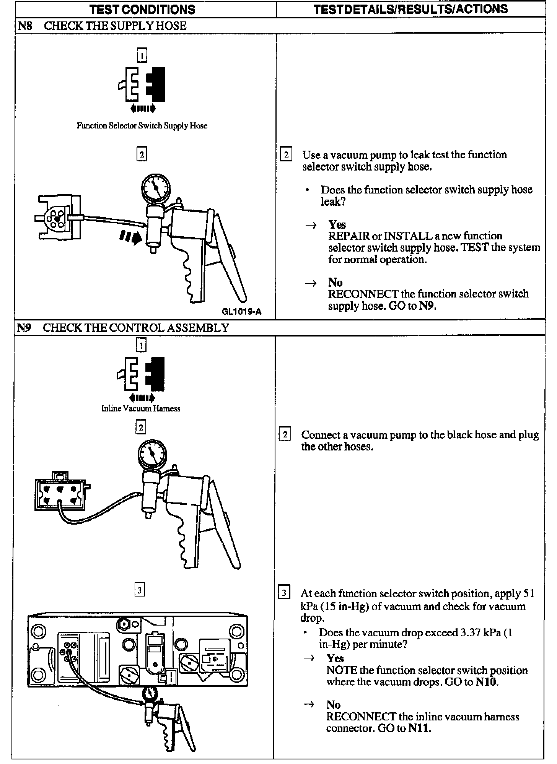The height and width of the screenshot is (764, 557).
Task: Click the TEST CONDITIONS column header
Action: pyautogui.click(x=142, y=9)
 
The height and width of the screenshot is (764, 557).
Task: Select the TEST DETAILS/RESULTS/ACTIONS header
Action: pyautogui.click(x=410, y=9)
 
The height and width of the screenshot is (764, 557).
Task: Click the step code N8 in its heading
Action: pyautogui.click(x=25, y=26)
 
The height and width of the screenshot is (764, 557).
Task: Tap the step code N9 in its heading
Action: pyautogui.click(x=24, y=328)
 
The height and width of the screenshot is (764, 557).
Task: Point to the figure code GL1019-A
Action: pyautogui.click(x=241, y=312)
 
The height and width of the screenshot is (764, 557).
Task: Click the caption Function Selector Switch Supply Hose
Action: pyautogui.click(x=142, y=126)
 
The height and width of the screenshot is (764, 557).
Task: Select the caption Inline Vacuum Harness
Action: pyautogui.click(x=141, y=408)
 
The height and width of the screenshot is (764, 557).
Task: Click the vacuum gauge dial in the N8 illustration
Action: pyautogui.click(x=156, y=188)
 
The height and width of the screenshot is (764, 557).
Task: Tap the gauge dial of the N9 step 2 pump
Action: pyautogui.click(x=151, y=454)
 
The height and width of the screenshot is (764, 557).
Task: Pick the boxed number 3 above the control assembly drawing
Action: pyautogui.click(x=140, y=590)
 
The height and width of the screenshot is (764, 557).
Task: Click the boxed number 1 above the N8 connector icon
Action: pyautogui.click(x=142, y=56)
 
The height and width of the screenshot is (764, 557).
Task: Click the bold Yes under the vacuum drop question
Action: pyautogui.click(x=335, y=658)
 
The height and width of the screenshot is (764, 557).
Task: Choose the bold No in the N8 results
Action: pyautogui.click(x=335, y=282)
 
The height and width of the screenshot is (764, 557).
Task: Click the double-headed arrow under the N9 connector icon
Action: pyautogui.click(x=142, y=398)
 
